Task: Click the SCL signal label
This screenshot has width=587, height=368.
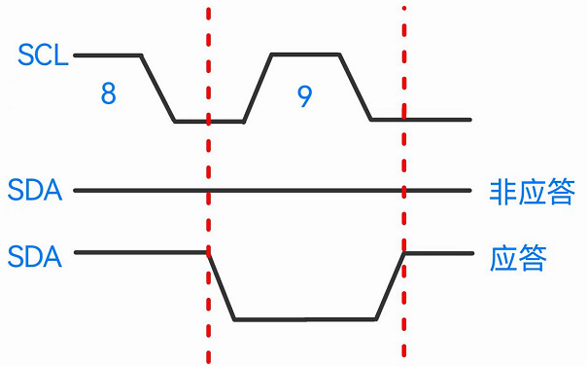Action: [43, 55]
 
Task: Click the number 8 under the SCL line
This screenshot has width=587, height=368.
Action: [108, 94]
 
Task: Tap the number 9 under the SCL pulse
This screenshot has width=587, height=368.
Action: [304, 95]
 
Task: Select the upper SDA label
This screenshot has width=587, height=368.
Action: [34, 190]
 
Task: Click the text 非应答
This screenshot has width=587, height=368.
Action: [531, 191]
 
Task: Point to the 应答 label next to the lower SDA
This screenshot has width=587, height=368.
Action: [518, 258]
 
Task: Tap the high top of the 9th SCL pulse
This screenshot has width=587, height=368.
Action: [305, 55]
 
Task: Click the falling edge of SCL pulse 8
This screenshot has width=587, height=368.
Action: [158, 88]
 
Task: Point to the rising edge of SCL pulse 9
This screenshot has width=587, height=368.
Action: [258, 88]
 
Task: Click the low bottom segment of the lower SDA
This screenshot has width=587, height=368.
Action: [304, 318]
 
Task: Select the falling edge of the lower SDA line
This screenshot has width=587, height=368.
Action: [221, 285]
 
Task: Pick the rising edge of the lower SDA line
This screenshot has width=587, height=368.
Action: [390, 285]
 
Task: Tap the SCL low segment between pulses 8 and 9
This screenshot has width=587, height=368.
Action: [209, 122]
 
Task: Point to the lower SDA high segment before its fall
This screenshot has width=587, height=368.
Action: [141, 252]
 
